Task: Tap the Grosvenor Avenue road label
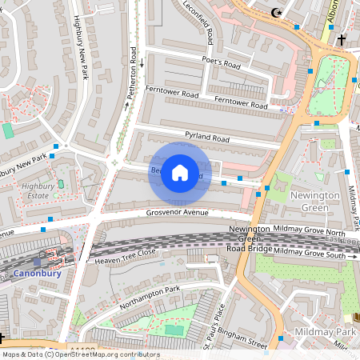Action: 177,213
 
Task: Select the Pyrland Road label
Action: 206,138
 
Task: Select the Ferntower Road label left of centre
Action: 172,93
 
